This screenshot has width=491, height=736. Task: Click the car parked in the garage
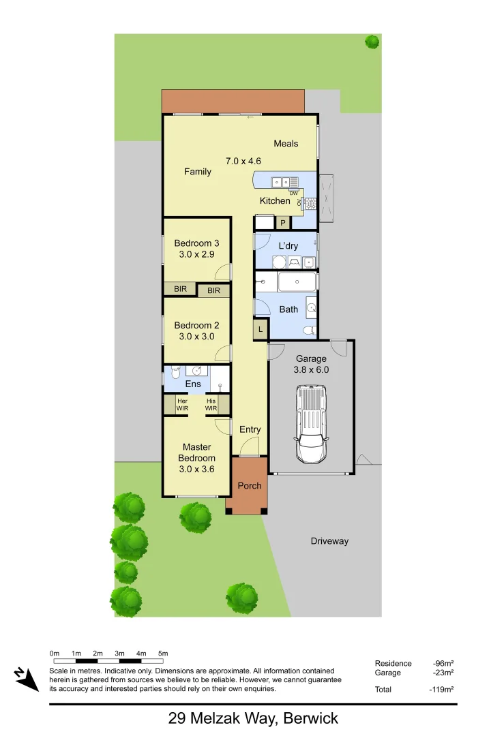tap(311, 424)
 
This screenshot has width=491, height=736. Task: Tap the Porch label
tap(249, 486)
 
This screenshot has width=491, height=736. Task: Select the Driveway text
tap(329, 541)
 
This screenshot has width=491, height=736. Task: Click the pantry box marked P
tap(282, 222)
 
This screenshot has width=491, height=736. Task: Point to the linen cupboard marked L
tap(260, 330)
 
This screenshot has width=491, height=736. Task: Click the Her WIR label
tap(182, 405)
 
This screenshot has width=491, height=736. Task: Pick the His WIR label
tap(211, 405)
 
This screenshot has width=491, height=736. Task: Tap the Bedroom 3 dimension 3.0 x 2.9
tap(196, 255)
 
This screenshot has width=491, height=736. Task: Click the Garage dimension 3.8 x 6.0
tap(311, 370)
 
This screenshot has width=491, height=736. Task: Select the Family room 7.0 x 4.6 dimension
tap(243, 162)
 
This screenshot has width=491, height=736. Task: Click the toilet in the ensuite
tap(175, 372)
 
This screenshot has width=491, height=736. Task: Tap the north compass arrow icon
tap(27, 679)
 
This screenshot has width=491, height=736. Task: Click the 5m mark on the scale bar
tap(163, 654)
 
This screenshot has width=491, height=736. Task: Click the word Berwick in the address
tap(310, 718)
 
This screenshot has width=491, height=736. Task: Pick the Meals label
tap(286, 144)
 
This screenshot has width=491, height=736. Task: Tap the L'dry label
tap(288, 246)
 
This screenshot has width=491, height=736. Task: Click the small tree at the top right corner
tap(372, 42)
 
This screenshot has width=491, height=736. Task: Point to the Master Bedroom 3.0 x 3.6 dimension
tap(196, 470)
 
